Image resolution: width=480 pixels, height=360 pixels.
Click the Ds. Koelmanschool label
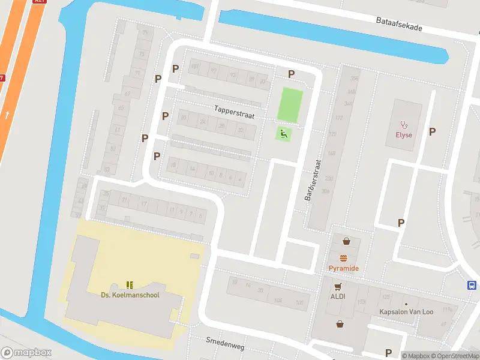[130, 295]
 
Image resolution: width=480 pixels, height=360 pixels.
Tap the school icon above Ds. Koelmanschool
[130, 284]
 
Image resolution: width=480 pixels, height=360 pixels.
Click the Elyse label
[404, 135]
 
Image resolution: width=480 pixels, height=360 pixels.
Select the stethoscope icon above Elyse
[404, 125]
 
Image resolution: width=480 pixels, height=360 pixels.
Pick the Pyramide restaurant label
[344, 268]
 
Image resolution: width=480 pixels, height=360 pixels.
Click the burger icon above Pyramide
[344, 258]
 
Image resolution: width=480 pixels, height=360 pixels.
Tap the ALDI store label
[337, 296]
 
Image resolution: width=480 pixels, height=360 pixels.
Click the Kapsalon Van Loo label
[406, 312]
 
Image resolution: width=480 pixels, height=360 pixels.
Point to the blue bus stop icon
[472, 286]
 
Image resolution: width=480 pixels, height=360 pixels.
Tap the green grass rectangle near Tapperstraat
[290, 104]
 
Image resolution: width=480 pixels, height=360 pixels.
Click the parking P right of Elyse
[432, 131]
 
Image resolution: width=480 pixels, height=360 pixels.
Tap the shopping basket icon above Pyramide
[346, 242]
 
